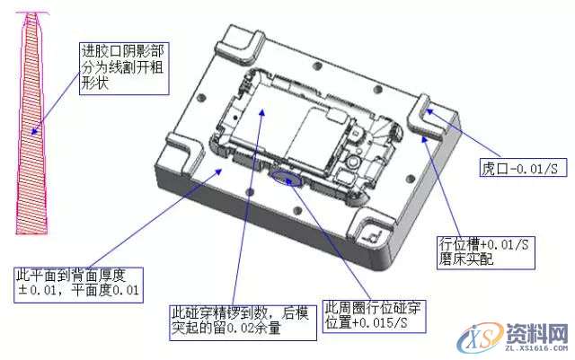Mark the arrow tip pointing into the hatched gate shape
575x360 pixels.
35,135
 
